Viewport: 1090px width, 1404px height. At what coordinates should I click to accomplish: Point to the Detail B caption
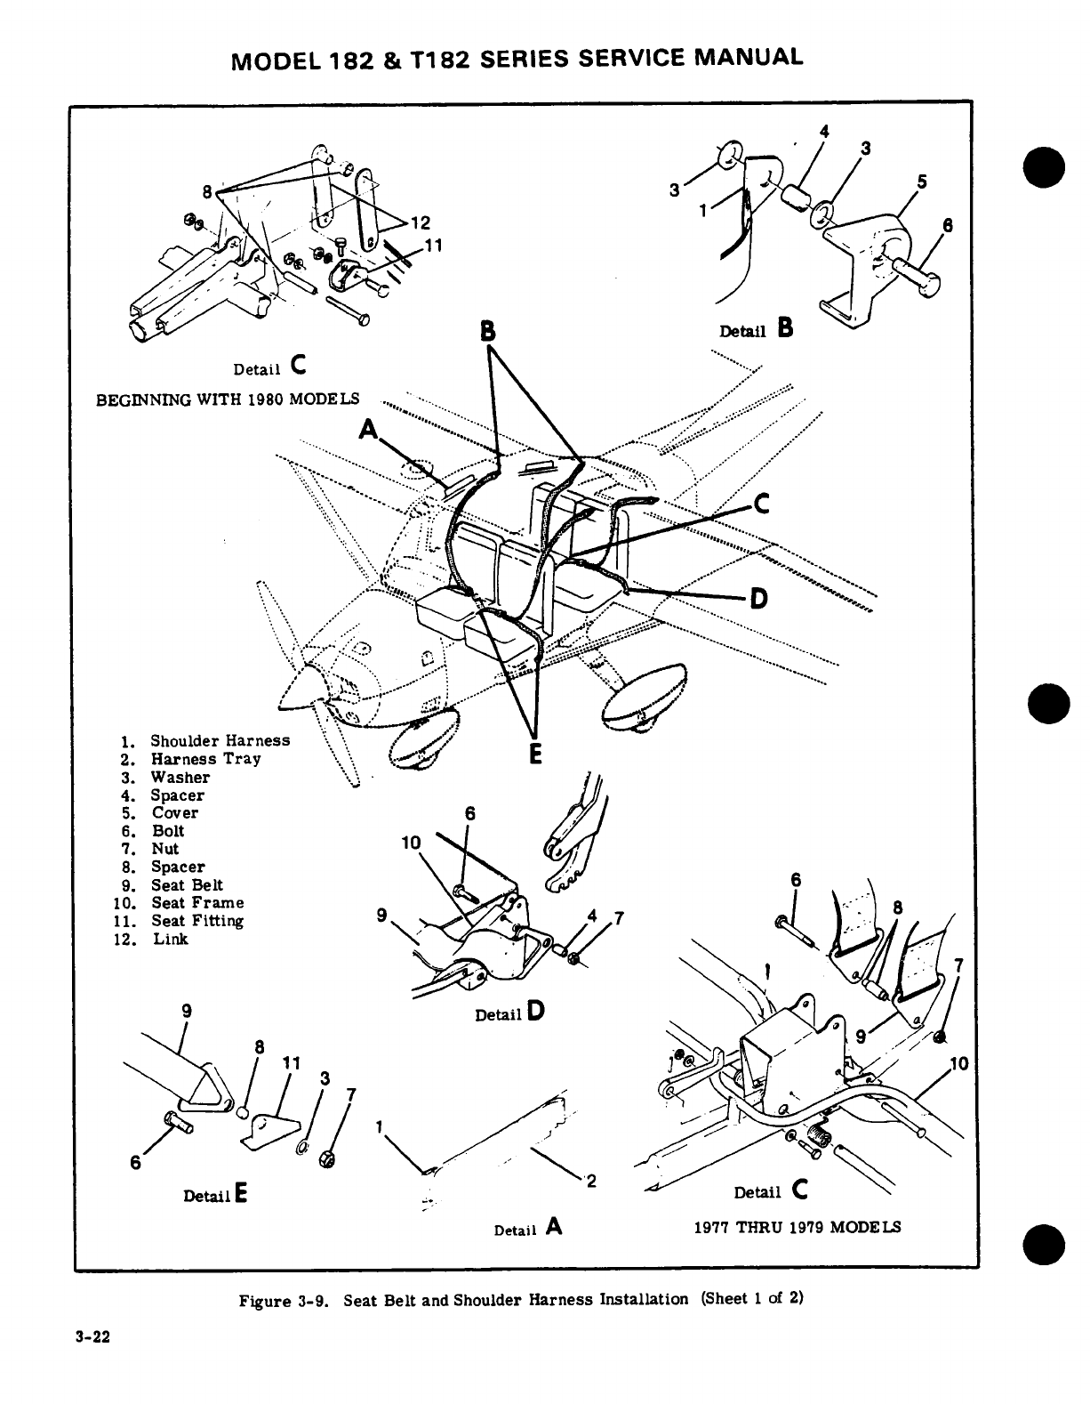pyautogui.click(x=755, y=330)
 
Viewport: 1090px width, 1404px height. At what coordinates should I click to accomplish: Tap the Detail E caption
pyautogui.click(x=214, y=1196)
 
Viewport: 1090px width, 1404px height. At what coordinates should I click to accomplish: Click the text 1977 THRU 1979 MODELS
pyautogui.click(x=797, y=1227)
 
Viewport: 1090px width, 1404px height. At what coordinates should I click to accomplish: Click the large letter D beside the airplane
pyautogui.click(x=757, y=598)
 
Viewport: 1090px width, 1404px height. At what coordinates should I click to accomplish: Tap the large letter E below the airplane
pyautogui.click(x=534, y=753)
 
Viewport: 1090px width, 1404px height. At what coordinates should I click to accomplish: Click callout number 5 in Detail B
pyautogui.click(x=922, y=182)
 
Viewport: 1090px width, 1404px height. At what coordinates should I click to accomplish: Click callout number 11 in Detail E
pyautogui.click(x=290, y=1062)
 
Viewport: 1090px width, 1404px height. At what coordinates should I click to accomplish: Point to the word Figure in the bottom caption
pyautogui.click(x=267, y=1300)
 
